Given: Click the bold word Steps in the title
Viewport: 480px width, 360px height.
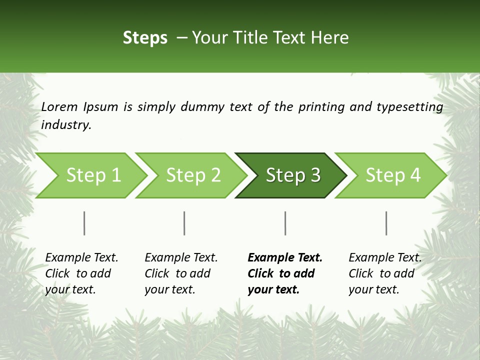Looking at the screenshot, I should pyautogui.click(x=145, y=37).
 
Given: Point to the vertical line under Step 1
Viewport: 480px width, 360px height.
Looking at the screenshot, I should pyautogui.click(x=84, y=223).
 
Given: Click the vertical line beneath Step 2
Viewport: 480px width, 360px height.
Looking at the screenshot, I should pyautogui.click(x=184, y=223).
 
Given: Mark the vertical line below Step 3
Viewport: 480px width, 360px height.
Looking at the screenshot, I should pyautogui.click(x=285, y=223).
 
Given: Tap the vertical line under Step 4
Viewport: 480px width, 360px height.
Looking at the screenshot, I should pyautogui.click(x=386, y=223).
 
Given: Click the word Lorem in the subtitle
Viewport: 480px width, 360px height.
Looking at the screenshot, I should pyautogui.click(x=59, y=106).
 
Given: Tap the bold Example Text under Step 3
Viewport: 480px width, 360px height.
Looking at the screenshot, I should pyautogui.click(x=285, y=257).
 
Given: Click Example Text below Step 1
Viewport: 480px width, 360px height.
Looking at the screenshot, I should pyautogui.click(x=81, y=257).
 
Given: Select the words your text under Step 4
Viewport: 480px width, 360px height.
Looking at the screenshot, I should pyautogui.click(x=373, y=289).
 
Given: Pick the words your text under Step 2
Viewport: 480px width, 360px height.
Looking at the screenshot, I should pyautogui.click(x=169, y=289).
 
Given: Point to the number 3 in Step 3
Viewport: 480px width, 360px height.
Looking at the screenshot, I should pyautogui.click(x=315, y=175).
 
